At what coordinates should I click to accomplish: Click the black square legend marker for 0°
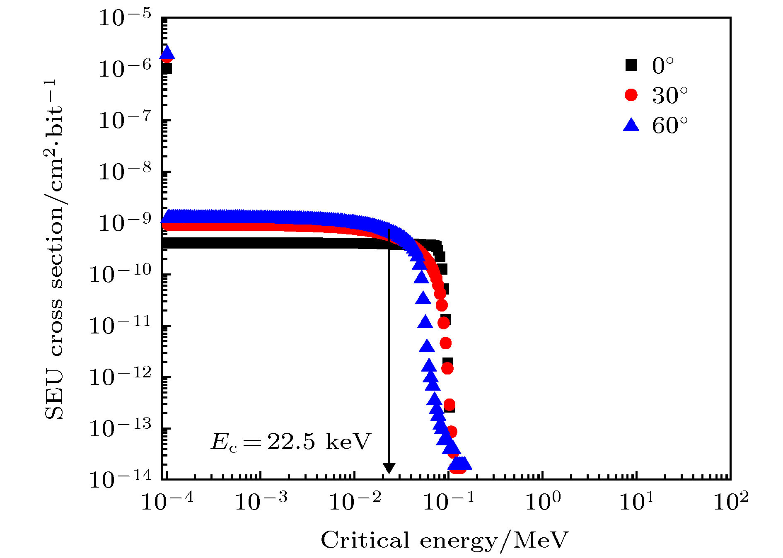pos(631,65)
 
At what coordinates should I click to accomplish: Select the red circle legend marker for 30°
pos(631,95)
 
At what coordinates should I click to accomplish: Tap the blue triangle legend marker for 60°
pos(631,124)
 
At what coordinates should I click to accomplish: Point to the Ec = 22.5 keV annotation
pos(290,442)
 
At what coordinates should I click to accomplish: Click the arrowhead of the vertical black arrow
pos(389,468)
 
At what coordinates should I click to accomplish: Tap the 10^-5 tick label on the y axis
pos(125,19)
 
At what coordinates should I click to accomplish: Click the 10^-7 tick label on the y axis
pos(125,121)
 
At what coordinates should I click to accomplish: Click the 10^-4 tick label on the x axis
pos(167,502)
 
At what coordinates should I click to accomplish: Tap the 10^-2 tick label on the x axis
pos(355,502)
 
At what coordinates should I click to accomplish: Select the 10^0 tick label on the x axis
pos(543,502)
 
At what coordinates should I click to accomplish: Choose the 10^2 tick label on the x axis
pos(731,502)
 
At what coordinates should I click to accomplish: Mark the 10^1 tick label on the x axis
pos(637,502)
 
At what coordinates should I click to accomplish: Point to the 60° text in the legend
pos(669,125)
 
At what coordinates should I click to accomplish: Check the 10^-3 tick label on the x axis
pos(261,502)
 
